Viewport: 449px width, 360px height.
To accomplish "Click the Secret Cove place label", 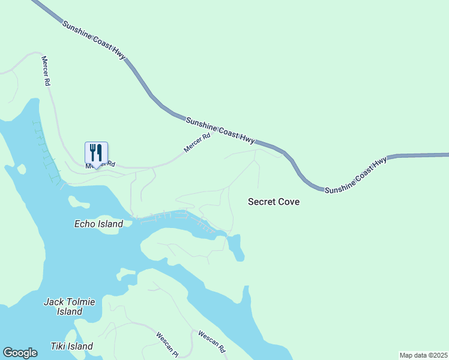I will [274, 202].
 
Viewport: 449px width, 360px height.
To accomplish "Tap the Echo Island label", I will [98, 224].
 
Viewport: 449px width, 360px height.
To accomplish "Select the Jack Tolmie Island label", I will [70, 307].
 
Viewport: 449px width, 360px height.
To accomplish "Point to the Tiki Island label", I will [71, 346].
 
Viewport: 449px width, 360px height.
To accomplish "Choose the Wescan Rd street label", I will [211, 341].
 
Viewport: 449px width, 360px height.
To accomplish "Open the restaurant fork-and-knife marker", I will [96, 154].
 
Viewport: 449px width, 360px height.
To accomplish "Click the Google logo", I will [20, 353].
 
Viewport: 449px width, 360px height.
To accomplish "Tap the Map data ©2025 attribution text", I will [423, 355].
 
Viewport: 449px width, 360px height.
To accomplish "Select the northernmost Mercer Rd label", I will [45, 71].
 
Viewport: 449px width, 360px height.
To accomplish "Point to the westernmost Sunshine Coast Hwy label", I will [94, 40].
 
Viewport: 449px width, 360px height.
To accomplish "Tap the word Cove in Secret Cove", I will [288, 202].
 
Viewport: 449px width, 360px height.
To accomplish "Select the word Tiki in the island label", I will [59, 346].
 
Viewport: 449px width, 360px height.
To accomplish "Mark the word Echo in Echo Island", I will [85, 224].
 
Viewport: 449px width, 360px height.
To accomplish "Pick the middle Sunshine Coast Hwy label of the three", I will [220, 130].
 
